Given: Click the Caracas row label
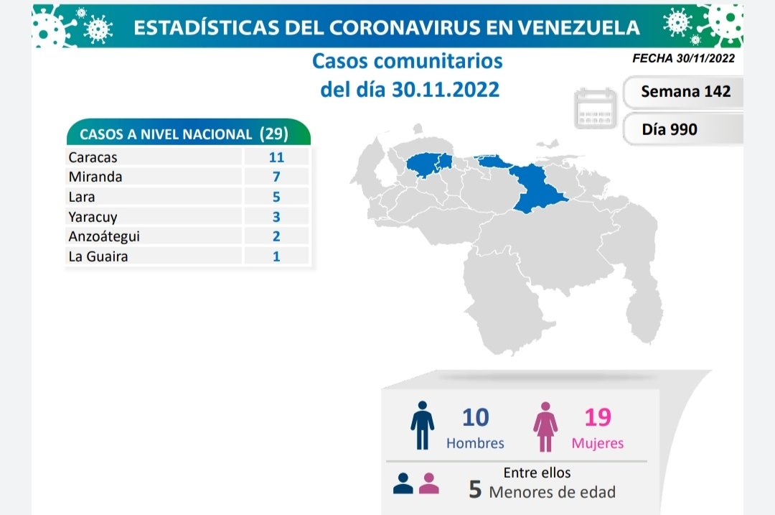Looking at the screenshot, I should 93,157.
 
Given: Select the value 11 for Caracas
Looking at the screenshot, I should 276,157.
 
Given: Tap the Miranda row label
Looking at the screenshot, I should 95,177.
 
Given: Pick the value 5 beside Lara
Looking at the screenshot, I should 276,197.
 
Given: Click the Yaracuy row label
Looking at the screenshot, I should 93,216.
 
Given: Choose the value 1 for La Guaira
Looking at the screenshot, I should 276,256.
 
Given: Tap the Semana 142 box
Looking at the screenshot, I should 685,91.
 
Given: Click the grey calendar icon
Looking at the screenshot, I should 596,108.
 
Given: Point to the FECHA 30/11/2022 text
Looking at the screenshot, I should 683,59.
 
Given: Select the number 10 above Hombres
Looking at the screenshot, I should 475,417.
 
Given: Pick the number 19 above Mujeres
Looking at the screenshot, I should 597,417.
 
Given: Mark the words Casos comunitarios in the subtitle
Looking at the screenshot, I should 407,61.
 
